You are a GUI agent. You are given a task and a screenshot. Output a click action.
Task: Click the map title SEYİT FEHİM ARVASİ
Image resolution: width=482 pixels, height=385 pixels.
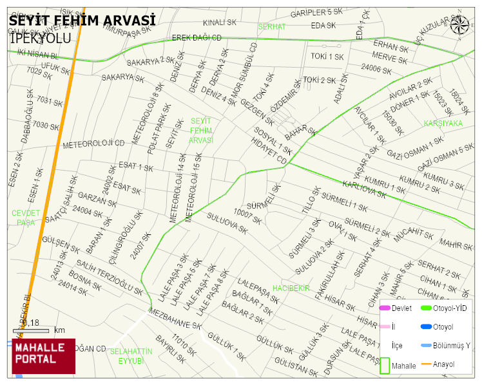tap(82, 21)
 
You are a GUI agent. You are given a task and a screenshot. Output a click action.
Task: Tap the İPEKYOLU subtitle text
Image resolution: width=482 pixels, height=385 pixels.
tap(40, 39)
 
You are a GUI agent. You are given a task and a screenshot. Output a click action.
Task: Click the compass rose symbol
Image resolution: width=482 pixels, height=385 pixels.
tap(459, 25)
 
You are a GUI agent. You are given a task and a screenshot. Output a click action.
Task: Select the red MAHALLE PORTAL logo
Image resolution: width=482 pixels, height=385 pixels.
tap(43, 356)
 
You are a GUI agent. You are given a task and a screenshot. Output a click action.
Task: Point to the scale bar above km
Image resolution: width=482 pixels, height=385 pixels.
tap(30, 331)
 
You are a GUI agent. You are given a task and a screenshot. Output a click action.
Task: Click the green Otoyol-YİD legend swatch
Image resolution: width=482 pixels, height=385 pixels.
tap(426, 308)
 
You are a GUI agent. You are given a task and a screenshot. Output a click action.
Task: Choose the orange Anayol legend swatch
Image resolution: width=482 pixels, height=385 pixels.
tap(426, 364)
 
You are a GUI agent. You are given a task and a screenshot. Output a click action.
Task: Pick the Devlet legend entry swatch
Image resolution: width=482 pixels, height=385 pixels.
tap(385, 308)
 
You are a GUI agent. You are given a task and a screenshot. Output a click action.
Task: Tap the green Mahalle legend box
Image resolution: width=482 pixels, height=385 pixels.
tap(385, 364)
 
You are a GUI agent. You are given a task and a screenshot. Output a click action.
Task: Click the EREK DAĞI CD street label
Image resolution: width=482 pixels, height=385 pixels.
tap(197, 38)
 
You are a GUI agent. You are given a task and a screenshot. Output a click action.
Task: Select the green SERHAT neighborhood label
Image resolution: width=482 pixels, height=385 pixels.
tap(271, 27)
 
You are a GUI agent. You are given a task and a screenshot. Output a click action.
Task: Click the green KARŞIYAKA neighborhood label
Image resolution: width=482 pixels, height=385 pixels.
tap(443, 123)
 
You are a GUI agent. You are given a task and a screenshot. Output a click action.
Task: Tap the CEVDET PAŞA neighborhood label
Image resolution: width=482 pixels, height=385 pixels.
tap(26, 218)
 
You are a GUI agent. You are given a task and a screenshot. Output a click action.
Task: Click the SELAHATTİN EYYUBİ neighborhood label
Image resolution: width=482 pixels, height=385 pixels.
tap(131, 355)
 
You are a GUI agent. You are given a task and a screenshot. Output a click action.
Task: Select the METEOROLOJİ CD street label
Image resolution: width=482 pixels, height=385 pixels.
tap(93, 143)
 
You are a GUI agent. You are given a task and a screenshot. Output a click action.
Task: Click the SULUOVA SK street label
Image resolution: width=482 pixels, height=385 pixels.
tap(227, 223)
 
